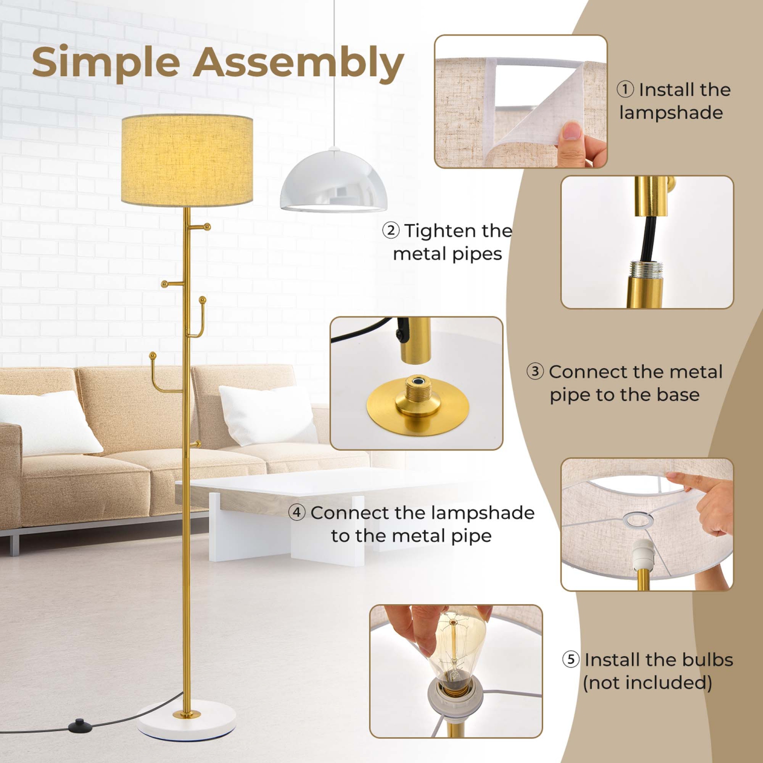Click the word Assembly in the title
tap(298, 63)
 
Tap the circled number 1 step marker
tap(625, 90)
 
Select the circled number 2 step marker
tap(391, 230)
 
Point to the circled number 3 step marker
tap(535, 371)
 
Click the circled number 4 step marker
tap(297, 512)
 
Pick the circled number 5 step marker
tap(571, 659)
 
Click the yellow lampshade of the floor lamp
tap(187, 160)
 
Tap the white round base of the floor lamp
tap(187, 722)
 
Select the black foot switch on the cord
tap(79, 723)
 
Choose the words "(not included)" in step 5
tap(647, 683)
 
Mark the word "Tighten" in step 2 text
tap(441, 231)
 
